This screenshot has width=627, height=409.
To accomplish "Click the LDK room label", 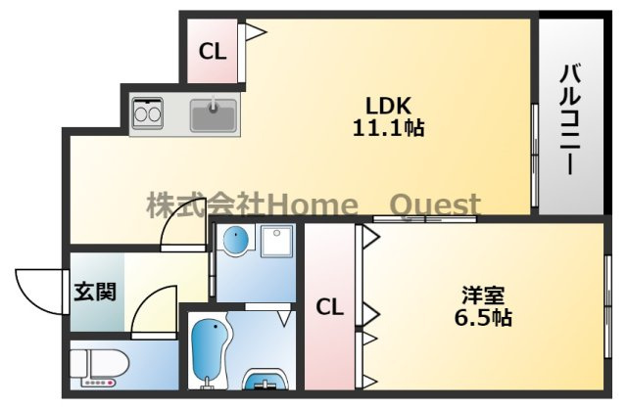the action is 388,107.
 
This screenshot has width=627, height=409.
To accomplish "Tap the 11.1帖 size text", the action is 388,128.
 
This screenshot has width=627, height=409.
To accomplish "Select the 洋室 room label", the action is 483,295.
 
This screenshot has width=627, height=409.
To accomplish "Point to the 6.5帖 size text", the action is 483,318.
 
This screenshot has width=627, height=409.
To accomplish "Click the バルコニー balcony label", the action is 570,118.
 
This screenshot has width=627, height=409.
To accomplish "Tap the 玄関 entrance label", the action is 95,292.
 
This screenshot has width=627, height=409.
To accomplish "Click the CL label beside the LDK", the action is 213,52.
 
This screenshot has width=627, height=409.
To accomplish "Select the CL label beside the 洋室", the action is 329,307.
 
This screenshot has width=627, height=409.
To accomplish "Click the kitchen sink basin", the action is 214,115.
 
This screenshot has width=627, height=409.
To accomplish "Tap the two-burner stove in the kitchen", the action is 148,114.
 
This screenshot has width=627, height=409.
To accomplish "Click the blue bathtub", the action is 211,353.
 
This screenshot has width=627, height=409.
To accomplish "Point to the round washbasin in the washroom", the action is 236,240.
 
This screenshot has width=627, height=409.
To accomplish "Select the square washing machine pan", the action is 277,242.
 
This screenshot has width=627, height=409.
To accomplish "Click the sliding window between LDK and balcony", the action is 534,155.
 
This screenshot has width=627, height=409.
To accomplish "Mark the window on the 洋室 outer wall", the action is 607,306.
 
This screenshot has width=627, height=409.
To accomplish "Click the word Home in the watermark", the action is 313,205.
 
